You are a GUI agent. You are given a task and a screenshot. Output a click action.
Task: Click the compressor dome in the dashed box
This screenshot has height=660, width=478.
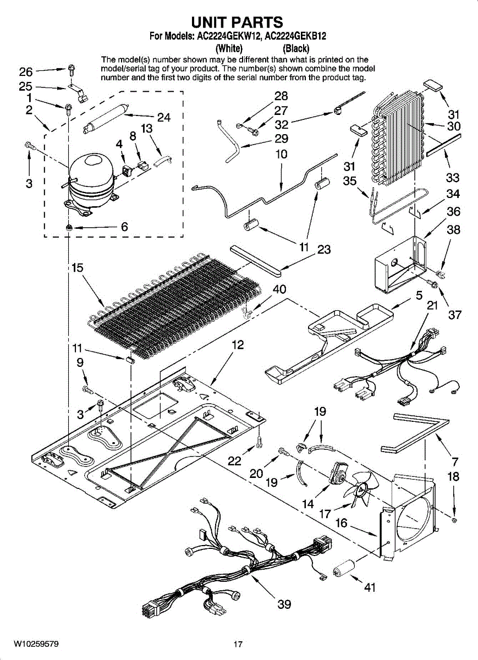point(91,183)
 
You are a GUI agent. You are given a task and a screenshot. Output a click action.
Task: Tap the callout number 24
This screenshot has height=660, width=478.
point(163,118)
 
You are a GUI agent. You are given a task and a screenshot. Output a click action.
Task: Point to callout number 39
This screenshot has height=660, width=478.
point(284,604)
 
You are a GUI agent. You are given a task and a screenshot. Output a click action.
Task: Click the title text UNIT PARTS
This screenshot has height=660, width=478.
point(237,22)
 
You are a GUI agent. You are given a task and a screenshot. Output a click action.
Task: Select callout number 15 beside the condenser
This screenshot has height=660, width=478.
point(78,267)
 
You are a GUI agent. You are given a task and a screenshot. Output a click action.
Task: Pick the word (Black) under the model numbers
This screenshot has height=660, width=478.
point(296,48)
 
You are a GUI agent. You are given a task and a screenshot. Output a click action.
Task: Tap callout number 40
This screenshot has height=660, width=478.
point(279,289)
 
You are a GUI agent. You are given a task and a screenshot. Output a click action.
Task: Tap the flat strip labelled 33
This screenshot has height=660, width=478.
point(443,145)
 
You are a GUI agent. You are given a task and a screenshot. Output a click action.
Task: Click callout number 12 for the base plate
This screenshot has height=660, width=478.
point(238,345)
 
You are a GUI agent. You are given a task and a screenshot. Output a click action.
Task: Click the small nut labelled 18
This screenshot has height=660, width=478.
point(454,519)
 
